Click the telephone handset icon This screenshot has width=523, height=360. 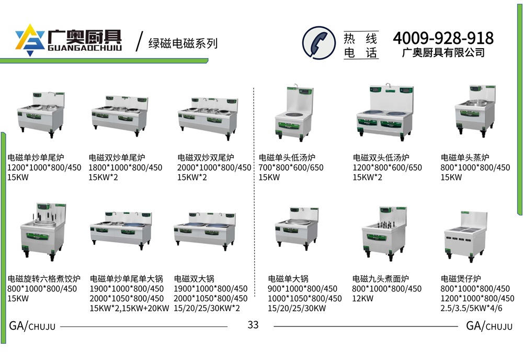319,43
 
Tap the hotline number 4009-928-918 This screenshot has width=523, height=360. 444,38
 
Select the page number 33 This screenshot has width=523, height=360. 253,324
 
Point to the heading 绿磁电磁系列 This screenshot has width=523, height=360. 183,43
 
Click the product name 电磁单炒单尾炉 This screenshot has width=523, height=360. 36,157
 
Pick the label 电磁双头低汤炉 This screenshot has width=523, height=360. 381,157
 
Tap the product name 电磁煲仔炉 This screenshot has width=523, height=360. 461,278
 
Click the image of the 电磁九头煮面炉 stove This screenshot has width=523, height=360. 384,233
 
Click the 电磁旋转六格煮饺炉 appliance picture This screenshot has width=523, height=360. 43,231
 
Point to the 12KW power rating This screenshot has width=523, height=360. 362,298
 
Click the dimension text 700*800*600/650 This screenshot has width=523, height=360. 291,167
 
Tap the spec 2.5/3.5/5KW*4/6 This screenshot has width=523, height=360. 471,308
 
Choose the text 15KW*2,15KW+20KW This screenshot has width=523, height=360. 129,308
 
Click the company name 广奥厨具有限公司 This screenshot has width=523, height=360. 444,53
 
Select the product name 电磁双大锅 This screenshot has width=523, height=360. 194,278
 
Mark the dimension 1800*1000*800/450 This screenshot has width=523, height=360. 126,167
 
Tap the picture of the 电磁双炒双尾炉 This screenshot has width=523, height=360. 208,118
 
